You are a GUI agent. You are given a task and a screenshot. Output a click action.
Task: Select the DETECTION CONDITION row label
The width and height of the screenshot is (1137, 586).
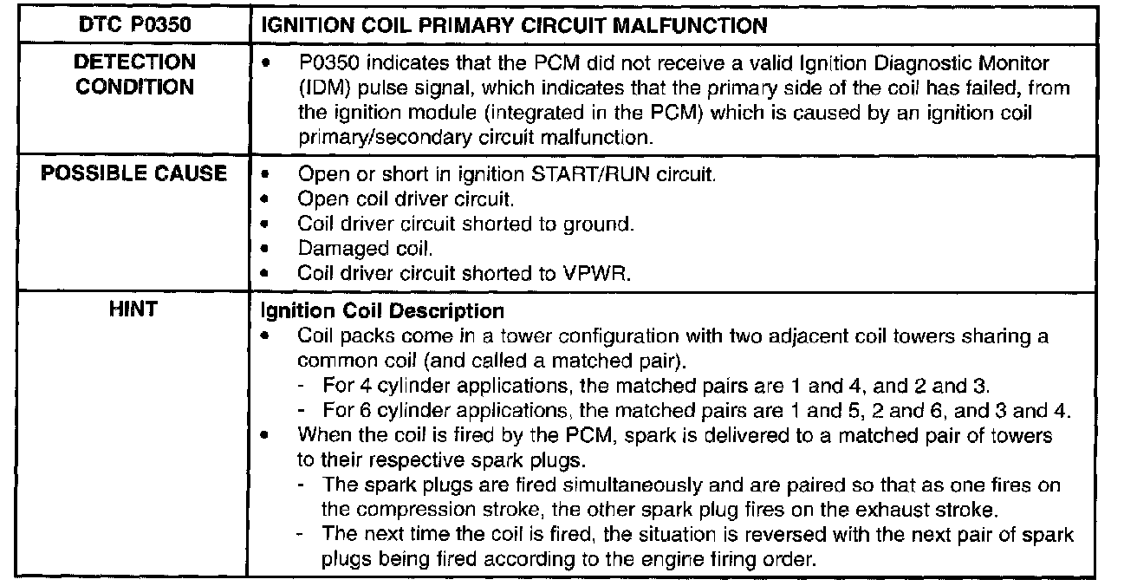click(134, 75)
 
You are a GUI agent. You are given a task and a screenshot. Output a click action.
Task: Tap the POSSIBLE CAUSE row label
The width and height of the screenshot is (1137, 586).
click(134, 173)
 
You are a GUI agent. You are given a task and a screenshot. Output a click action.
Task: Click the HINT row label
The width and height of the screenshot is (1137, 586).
click(134, 309)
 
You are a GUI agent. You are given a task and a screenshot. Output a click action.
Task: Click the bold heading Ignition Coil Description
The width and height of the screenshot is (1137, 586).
click(382, 310)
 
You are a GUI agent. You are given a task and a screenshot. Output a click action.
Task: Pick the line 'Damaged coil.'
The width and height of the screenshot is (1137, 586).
click(365, 248)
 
